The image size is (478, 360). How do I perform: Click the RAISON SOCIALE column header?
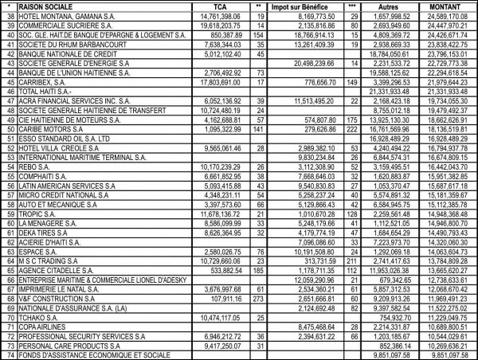48,6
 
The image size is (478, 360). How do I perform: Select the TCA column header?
209,6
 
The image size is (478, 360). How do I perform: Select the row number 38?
10,16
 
